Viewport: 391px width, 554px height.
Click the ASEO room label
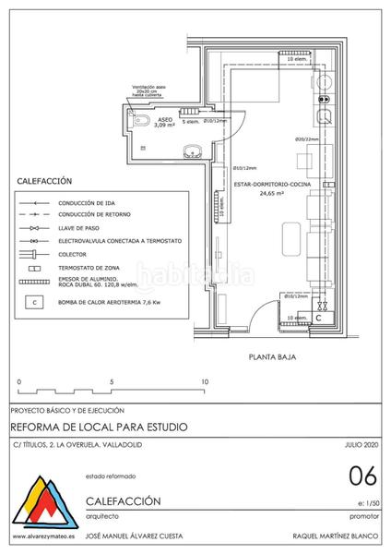pyautogui.click(x=164, y=120)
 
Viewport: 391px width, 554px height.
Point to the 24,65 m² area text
pyautogui.click(x=271, y=195)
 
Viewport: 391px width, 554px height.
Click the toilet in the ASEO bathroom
pyautogui.click(x=137, y=121)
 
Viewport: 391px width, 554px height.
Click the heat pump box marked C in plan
pyautogui.click(x=319, y=317)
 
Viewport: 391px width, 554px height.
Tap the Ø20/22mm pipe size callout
pyautogui.click(x=280, y=139)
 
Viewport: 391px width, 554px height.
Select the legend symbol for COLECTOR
pyautogui.click(x=34, y=252)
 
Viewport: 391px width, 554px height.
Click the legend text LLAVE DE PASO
pyautogui.click(x=78, y=226)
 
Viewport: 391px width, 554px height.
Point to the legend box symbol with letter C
pyautogui.click(x=34, y=301)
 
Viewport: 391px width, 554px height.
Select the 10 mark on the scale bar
pyautogui.click(x=205, y=380)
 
